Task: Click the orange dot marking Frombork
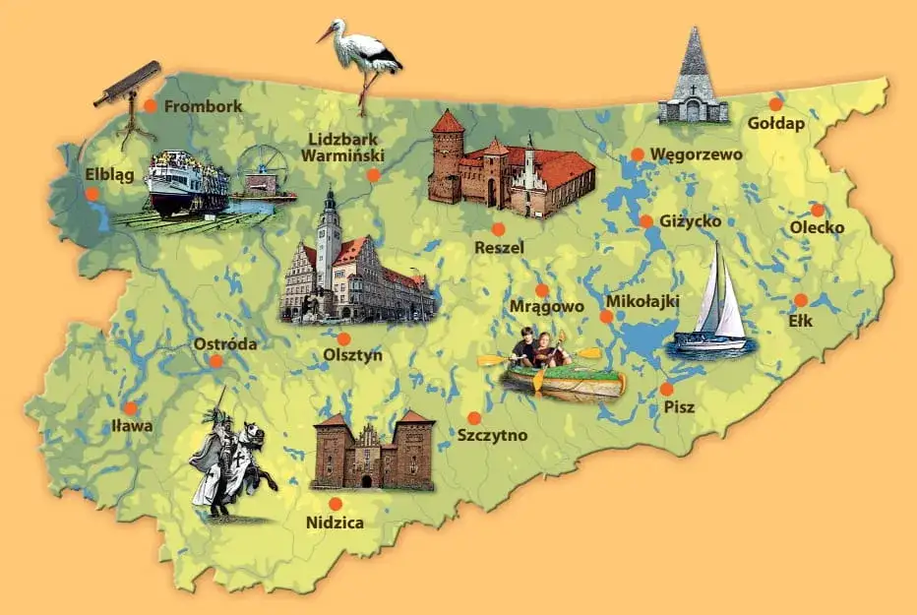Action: tap(150, 105)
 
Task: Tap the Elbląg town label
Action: tap(109, 173)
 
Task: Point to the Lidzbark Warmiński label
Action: tap(343, 148)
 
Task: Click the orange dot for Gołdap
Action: tap(775, 104)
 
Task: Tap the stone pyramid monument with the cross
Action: tap(694, 79)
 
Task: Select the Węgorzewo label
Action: tap(697, 154)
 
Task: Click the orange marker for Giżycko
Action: tap(646, 221)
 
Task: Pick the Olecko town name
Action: tap(817, 229)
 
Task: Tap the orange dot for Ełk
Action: tap(801, 300)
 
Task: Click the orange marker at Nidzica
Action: tap(336, 504)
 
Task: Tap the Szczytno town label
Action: tap(492, 435)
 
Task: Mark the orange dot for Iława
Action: tap(130, 408)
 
